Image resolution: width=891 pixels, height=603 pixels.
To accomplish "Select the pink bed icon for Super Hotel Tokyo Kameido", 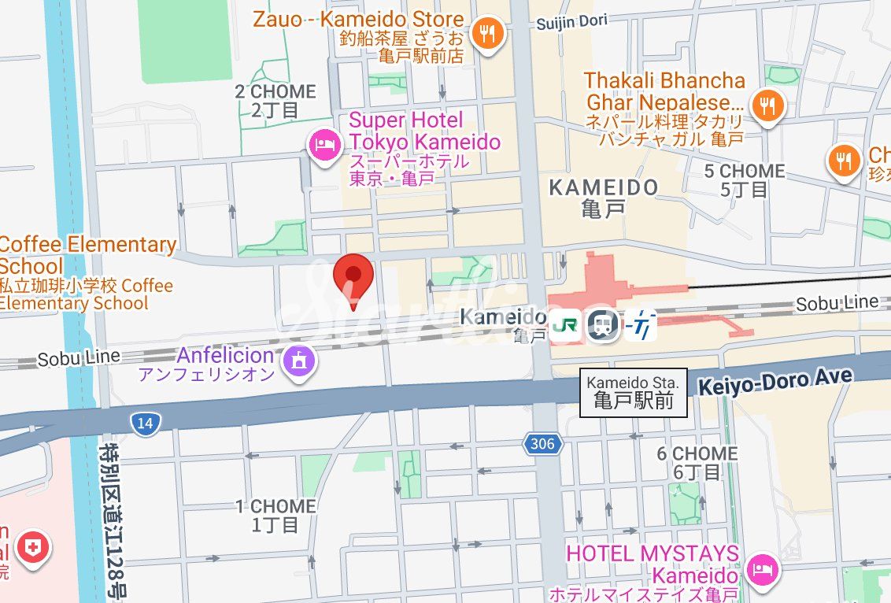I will tap(323, 146).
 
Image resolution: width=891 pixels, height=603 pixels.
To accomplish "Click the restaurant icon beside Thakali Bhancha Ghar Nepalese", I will tap(766, 104).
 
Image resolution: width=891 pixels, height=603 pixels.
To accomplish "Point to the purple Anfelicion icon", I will tap(300, 361).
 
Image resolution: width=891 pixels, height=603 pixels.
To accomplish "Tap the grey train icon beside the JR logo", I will tap(603, 325).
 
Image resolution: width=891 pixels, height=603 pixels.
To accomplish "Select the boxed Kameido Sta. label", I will tap(633, 392).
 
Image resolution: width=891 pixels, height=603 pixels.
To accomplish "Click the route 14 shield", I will tap(144, 424).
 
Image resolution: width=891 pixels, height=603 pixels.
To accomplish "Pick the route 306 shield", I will tap(542, 444).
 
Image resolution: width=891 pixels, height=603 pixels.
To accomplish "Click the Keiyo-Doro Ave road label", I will tap(775, 380).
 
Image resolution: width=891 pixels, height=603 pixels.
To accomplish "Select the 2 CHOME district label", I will tap(275, 101).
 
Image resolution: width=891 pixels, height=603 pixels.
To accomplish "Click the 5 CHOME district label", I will tap(744, 179).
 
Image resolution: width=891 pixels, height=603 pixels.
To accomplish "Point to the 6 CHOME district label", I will tap(697, 462).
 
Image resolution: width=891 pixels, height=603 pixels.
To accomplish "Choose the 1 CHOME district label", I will tap(275, 515).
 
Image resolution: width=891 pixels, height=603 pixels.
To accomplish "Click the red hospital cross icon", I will tap(35, 546).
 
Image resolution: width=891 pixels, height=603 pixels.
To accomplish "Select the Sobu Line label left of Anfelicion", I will tap(79, 358).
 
